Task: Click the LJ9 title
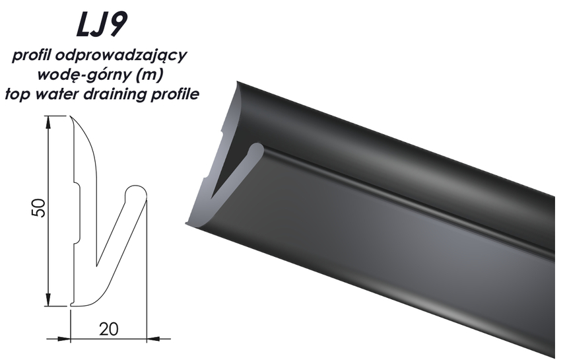tap(102, 24)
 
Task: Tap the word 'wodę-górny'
tap(81, 75)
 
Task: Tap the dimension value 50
tap(40, 207)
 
